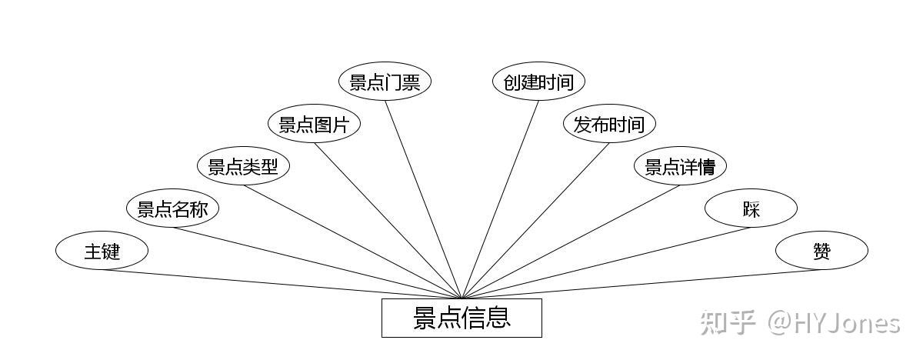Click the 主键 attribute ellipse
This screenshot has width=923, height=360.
click(x=102, y=251)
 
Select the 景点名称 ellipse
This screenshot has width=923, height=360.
click(x=172, y=208)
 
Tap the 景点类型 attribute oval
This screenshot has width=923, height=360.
click(x=243, y=166)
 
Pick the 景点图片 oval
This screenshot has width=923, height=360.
click(x=314, y=125)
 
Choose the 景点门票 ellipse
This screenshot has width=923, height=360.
click(x=385, y=82)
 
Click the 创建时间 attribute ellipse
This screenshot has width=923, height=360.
click(x=538, y=82)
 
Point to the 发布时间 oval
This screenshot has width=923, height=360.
click(x=609, y=125)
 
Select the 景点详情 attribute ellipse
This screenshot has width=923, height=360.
click(x=680, y=166)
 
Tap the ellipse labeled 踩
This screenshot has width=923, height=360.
click(x=751, y=208)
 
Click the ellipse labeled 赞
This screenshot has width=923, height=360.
click(x=821, y=251)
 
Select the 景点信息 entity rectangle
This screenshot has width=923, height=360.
click(x=461, y=318)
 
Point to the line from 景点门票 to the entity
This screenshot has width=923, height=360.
click(x=423, y=200)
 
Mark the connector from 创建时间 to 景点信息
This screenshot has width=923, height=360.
click(x=500, y=200)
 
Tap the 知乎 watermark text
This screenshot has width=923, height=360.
click(x=727, y=322)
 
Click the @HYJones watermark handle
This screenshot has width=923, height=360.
click(x=835, y=322)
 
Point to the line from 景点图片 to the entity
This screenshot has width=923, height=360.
click(x=388, y=221)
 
